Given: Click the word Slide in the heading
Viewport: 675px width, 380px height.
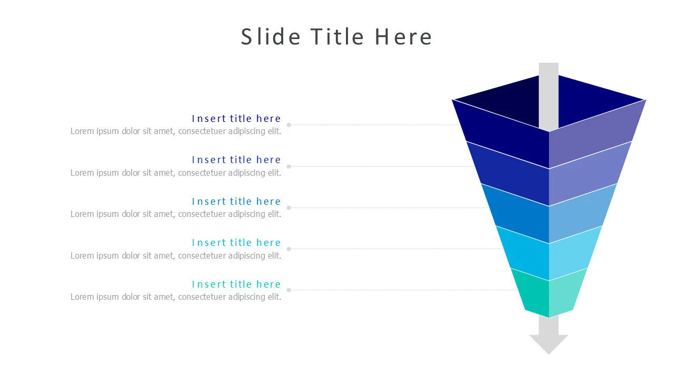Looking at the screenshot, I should coord(271,37).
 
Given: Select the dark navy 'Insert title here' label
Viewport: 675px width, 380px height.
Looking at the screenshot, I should coord(236,118).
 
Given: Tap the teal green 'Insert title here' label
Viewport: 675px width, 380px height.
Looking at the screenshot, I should coord(236,284).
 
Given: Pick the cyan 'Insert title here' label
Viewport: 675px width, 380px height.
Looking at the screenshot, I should coord(236,243).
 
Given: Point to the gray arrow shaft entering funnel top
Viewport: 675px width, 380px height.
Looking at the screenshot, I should coord(548,95).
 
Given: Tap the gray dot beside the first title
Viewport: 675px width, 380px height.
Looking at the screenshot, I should coord(288,125).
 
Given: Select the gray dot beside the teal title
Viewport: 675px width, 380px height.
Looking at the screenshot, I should coord(288,290).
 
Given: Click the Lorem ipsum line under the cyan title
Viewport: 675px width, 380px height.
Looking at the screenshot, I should coord(176,255).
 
